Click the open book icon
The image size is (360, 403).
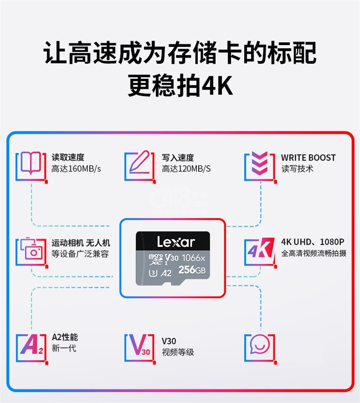pos(31,163)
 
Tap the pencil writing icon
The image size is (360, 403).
pos(139,162)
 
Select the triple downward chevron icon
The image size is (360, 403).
pos(260,163)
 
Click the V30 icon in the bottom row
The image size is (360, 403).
pos(139,345)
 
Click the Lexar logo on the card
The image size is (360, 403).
pos(176,242)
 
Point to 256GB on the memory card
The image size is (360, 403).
pos(192,270)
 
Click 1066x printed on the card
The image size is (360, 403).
pos(193,258)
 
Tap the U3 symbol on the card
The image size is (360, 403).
pos(153,273)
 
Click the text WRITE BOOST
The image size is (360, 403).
pos(308,157)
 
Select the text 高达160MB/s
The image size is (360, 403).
pos(76,168)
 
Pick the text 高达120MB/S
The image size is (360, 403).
pos(186,168)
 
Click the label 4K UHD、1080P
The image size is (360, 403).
pos(312,242)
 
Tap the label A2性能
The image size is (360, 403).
pos(65,337)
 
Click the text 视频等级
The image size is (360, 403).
pos(178,352)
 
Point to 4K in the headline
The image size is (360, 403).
pos(217,85)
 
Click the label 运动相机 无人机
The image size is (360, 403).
pos(81,243)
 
